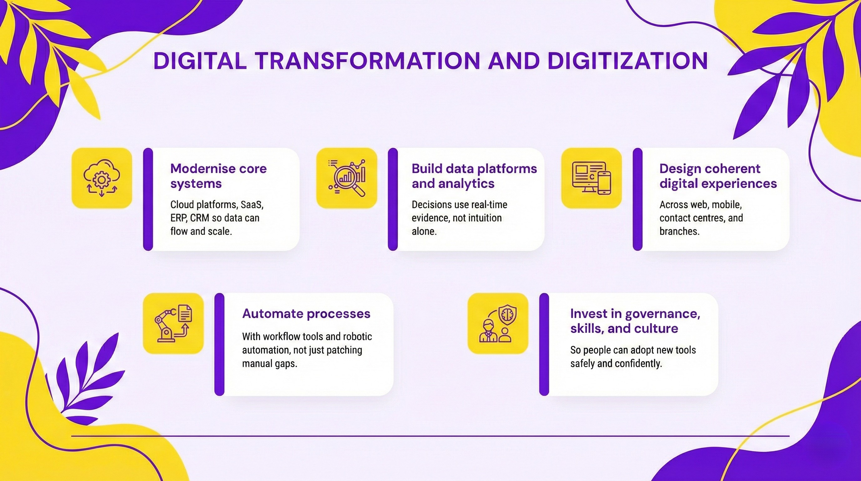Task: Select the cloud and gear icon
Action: tap(102, 178)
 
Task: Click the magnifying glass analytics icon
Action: tap(347, 178)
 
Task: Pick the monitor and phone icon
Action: tap(591, 178)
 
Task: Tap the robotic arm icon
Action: tap(173, 323)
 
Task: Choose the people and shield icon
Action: tap(498, 323)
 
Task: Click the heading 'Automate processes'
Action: tap(306, 314)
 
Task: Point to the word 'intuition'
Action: tap(482, 218)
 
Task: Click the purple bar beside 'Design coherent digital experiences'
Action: tap(637, 199)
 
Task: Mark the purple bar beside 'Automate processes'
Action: tap(219, 344)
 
